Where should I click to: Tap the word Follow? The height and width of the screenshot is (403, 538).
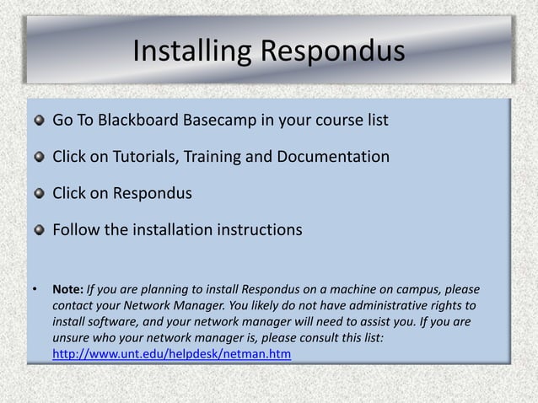pos(76,229)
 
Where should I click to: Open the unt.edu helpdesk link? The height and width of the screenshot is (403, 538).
pos(172,356)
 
